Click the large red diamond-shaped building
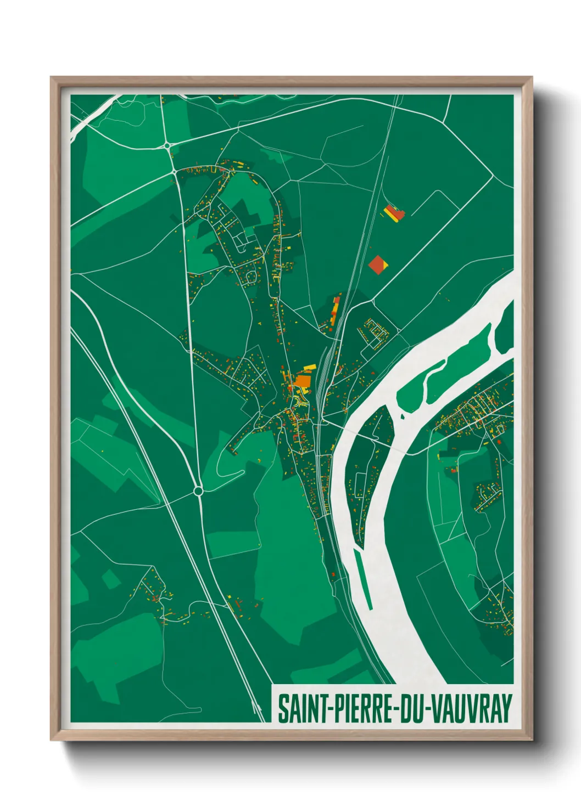pos(378,264)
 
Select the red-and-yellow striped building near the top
pos(394,213)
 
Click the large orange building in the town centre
pos(303,380)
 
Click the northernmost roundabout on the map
pos(166,145)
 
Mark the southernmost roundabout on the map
pos(198,491)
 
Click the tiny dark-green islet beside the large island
pos(403,417)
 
